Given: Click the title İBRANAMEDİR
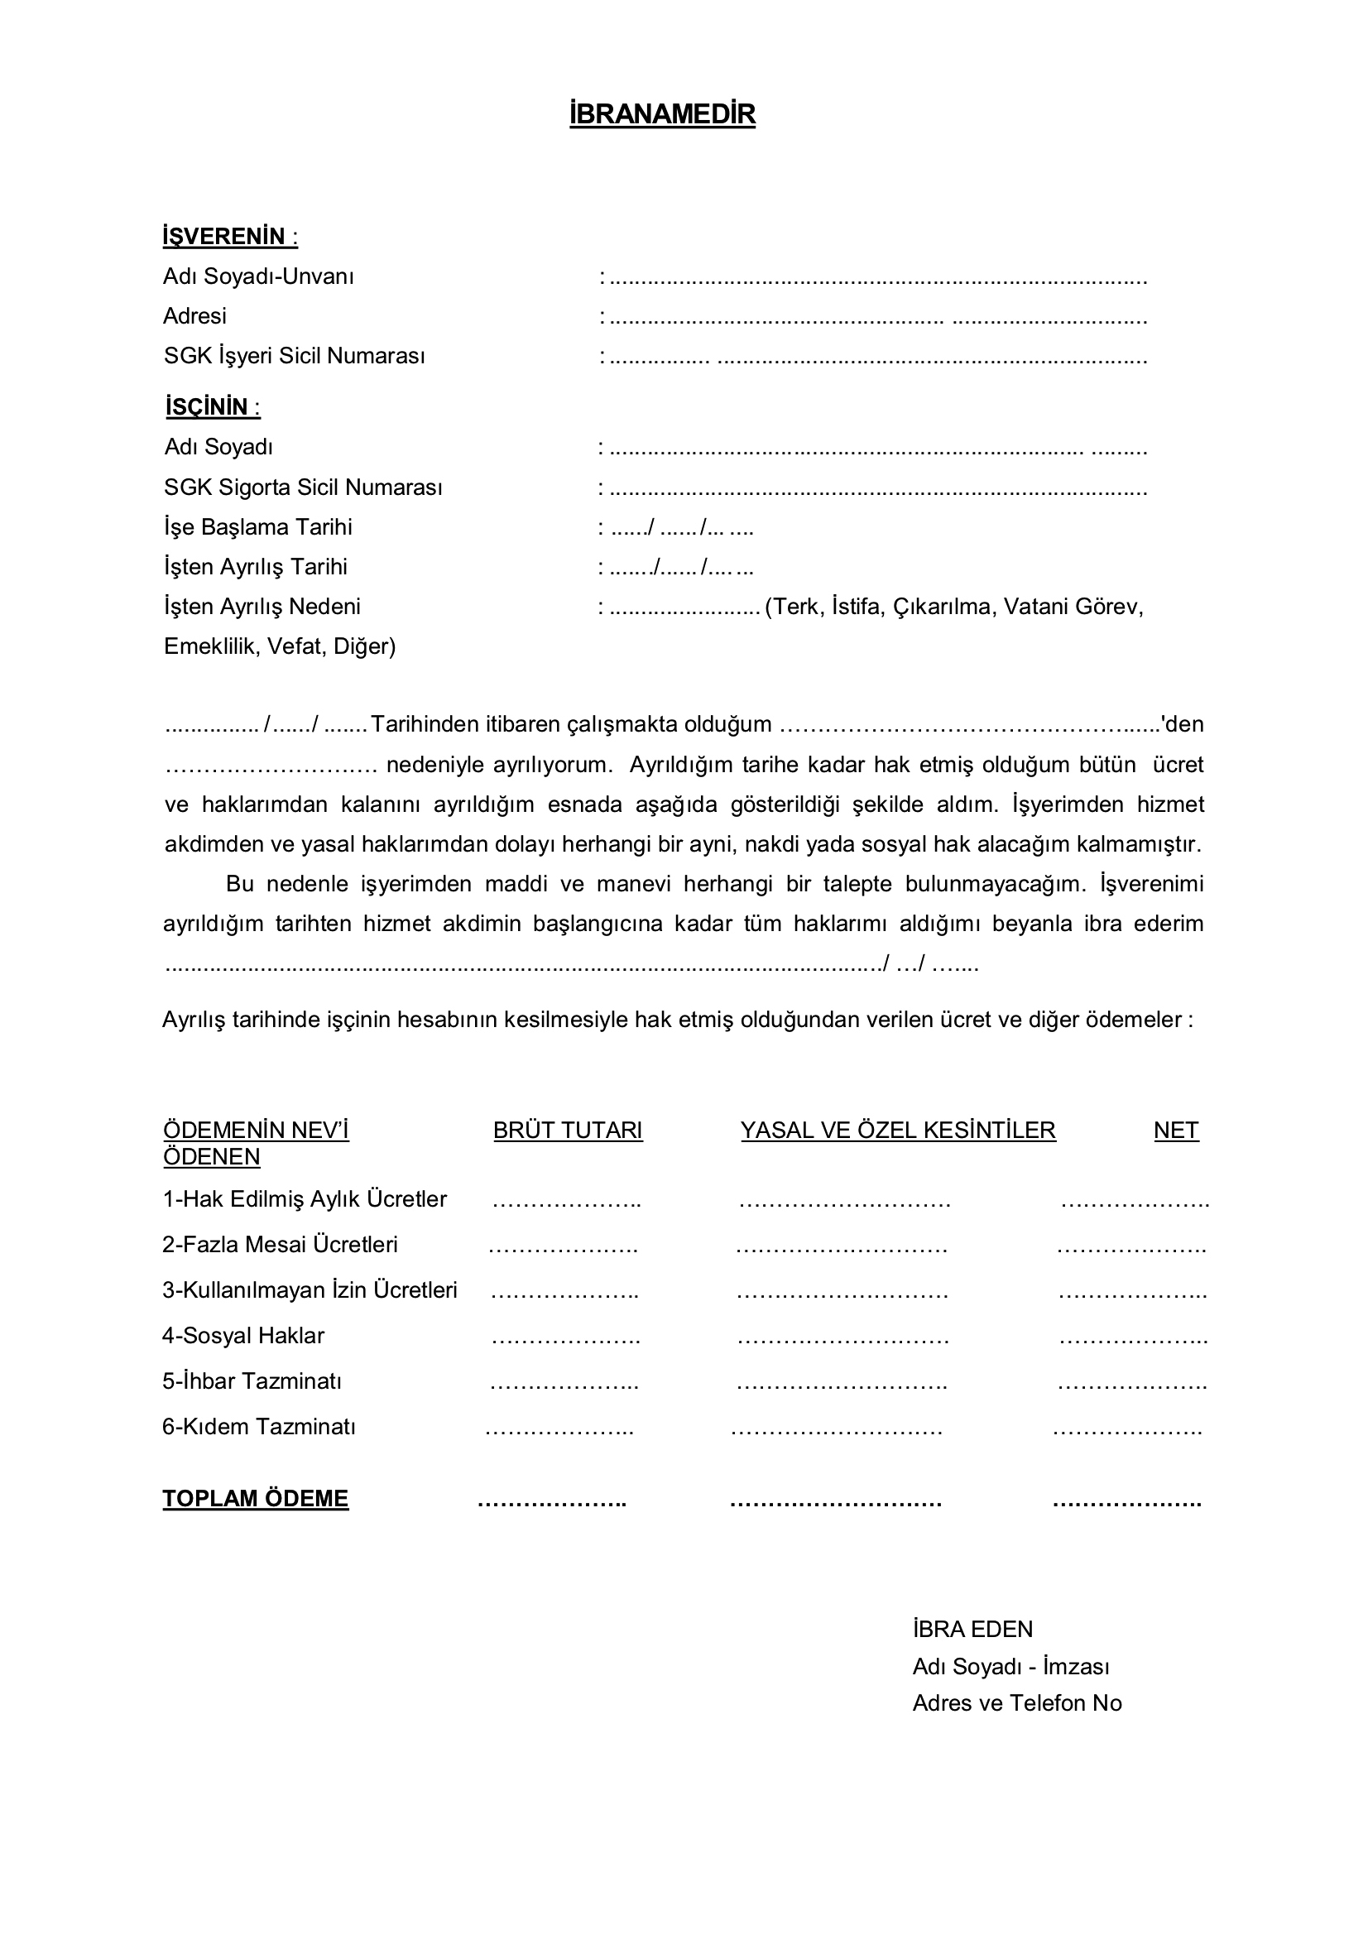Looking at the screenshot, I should (662, 113).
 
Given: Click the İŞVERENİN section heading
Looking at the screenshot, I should (229, 237).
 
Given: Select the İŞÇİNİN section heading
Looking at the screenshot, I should (213, 407).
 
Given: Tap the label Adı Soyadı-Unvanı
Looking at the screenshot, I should (258, 276).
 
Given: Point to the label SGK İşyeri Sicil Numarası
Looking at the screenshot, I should (294, 356).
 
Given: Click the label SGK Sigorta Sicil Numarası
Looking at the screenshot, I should (303, 487).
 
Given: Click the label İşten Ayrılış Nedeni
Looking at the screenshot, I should (262, 607).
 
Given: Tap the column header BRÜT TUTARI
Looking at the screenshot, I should (567, 1131).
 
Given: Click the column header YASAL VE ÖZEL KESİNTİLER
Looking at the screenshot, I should (898, 1131).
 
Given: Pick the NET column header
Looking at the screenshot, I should (1176, 1131).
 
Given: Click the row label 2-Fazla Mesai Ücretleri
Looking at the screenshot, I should (280, 1245).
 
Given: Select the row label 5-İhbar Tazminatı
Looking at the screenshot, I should (252, 1381).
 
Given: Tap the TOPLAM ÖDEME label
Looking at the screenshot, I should (256, 1499).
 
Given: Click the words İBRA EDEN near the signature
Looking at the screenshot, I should (972, 1629).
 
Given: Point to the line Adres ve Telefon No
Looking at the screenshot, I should (1016, 1703).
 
